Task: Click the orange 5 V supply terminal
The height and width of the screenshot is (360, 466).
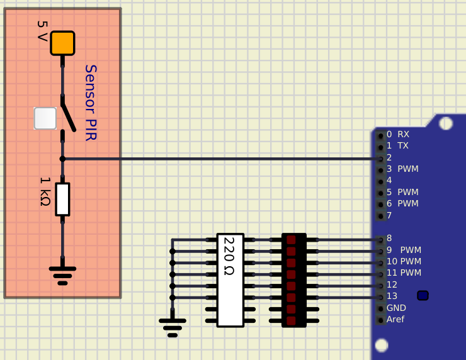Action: click(x=62, y=43)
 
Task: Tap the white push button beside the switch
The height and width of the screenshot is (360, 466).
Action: click(x=45, y=118)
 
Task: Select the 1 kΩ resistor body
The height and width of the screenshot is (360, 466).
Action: click(x=62, y=200)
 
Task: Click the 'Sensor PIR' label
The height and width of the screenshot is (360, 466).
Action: click(x=91, y=103)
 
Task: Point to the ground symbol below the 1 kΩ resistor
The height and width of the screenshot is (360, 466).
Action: click(x=62, y=276)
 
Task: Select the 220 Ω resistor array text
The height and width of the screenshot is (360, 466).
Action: click(x=229, y=256)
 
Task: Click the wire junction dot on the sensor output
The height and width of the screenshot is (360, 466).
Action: click(x=62, y=159)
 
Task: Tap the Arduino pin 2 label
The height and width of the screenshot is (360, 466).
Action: click(x=389, y=157)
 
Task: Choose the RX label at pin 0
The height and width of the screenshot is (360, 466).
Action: click(x=403, y=134)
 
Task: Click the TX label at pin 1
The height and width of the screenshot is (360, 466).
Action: click(x=403, y=145)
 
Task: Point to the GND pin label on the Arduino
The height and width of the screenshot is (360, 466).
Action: click(x=396, y=308)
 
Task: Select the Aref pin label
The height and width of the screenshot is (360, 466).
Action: click(x=395, y=319)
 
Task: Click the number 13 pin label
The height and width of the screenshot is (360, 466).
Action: click(x=392, y=296)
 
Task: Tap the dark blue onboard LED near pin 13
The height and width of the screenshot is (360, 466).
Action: click(x=423, y=296)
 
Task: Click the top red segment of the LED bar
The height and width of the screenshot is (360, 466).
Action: click(x=291, y=240)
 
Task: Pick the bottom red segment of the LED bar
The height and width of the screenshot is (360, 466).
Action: click(x=291, y=321)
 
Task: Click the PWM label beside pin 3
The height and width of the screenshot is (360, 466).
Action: click(x=408, y=169)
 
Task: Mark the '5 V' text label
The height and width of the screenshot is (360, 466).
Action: click(x=42, y=31)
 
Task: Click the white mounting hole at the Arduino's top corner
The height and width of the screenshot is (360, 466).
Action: click(x=445, y=123)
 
